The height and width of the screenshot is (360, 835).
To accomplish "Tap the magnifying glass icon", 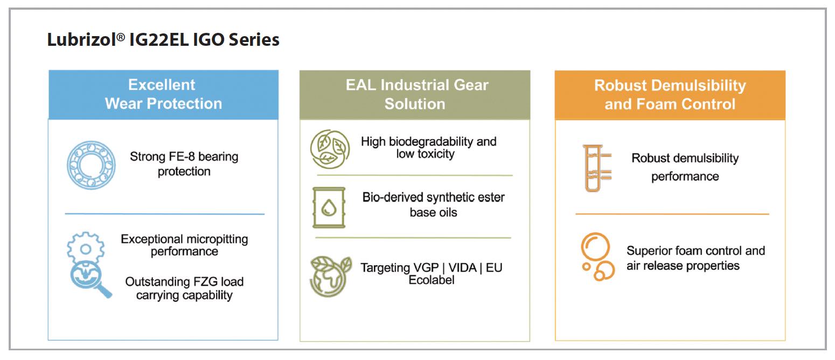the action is [90, 279].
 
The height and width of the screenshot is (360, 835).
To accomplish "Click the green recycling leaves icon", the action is [330, 149].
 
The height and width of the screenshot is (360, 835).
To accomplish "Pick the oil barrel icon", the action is [329, 207].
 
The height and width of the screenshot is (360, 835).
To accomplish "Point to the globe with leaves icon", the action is [330, 276].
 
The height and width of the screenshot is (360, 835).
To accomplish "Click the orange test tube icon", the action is [596, 168].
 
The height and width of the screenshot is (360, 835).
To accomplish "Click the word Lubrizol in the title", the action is [82, 39].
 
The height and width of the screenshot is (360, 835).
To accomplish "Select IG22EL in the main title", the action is [159, 39].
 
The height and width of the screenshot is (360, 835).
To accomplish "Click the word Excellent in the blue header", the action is [162, 85].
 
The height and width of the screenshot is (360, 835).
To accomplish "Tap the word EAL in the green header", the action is [361, 85].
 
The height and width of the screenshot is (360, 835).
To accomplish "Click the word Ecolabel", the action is [432, 280].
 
